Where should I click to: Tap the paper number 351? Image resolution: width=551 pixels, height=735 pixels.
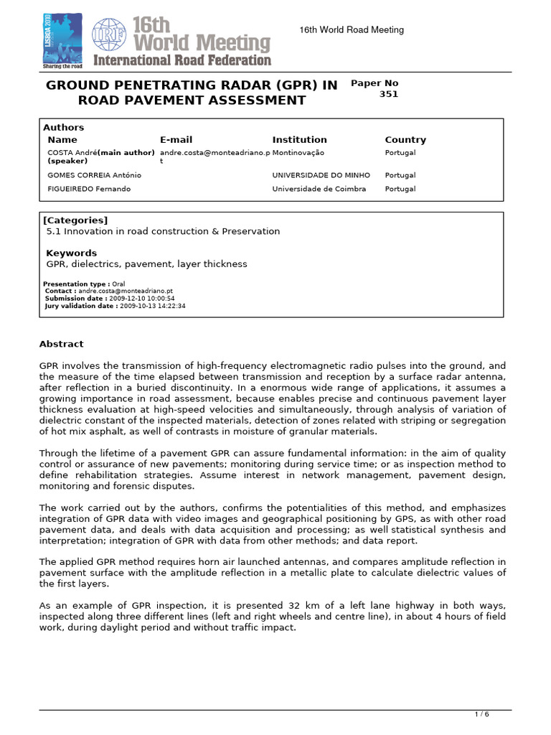388,94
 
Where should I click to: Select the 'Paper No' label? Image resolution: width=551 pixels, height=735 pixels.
374,83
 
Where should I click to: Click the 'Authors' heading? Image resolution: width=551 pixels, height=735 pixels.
63,127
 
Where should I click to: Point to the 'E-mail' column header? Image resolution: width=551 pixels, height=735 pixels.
176,140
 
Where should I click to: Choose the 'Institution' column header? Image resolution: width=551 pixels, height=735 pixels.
299,140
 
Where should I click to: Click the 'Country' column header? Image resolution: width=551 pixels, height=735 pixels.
405,140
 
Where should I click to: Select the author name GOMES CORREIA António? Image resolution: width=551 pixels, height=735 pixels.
94,175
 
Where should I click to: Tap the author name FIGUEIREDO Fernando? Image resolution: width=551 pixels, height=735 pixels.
90,189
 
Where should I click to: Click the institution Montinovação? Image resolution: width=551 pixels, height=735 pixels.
298,153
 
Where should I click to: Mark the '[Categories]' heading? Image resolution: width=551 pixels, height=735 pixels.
75,220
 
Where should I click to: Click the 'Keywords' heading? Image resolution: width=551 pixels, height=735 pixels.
71,253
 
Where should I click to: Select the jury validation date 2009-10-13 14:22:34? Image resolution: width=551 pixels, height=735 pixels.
151,305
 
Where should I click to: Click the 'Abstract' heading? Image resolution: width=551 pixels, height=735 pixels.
61,344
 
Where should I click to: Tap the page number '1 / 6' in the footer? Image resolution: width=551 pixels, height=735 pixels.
483,714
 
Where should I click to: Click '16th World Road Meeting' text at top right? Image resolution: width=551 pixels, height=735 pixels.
351,29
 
